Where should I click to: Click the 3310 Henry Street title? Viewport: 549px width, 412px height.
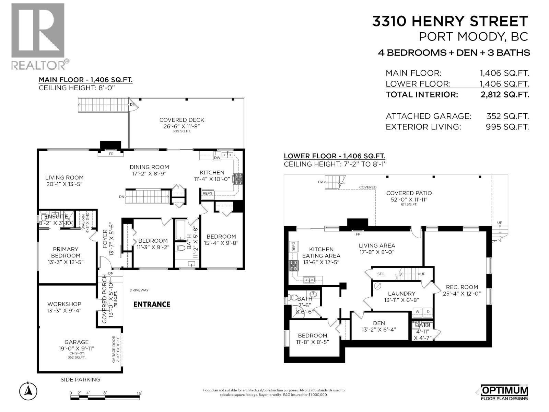point(450,21)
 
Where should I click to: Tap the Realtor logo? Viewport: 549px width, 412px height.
point(38,36)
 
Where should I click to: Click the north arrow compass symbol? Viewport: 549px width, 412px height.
point(28,391)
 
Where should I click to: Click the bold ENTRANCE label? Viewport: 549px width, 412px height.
point(152,304)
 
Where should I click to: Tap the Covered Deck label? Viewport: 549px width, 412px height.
point(182,120)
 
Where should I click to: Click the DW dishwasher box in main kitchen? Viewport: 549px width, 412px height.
point(217,158)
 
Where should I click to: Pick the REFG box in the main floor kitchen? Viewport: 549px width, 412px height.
point(208,193)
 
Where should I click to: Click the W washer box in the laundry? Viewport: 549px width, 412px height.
point(418,311)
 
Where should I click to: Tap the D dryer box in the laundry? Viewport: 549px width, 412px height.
point(428,311)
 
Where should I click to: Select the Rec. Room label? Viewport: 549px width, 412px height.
point(462,287)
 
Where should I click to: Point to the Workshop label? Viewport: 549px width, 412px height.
point(64,304)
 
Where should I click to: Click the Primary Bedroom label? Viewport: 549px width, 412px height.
point(66,252)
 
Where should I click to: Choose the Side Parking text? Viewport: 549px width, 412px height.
point(80,379)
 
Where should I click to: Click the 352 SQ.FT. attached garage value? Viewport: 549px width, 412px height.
point(507,116)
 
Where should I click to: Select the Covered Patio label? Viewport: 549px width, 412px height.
point(409,193)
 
